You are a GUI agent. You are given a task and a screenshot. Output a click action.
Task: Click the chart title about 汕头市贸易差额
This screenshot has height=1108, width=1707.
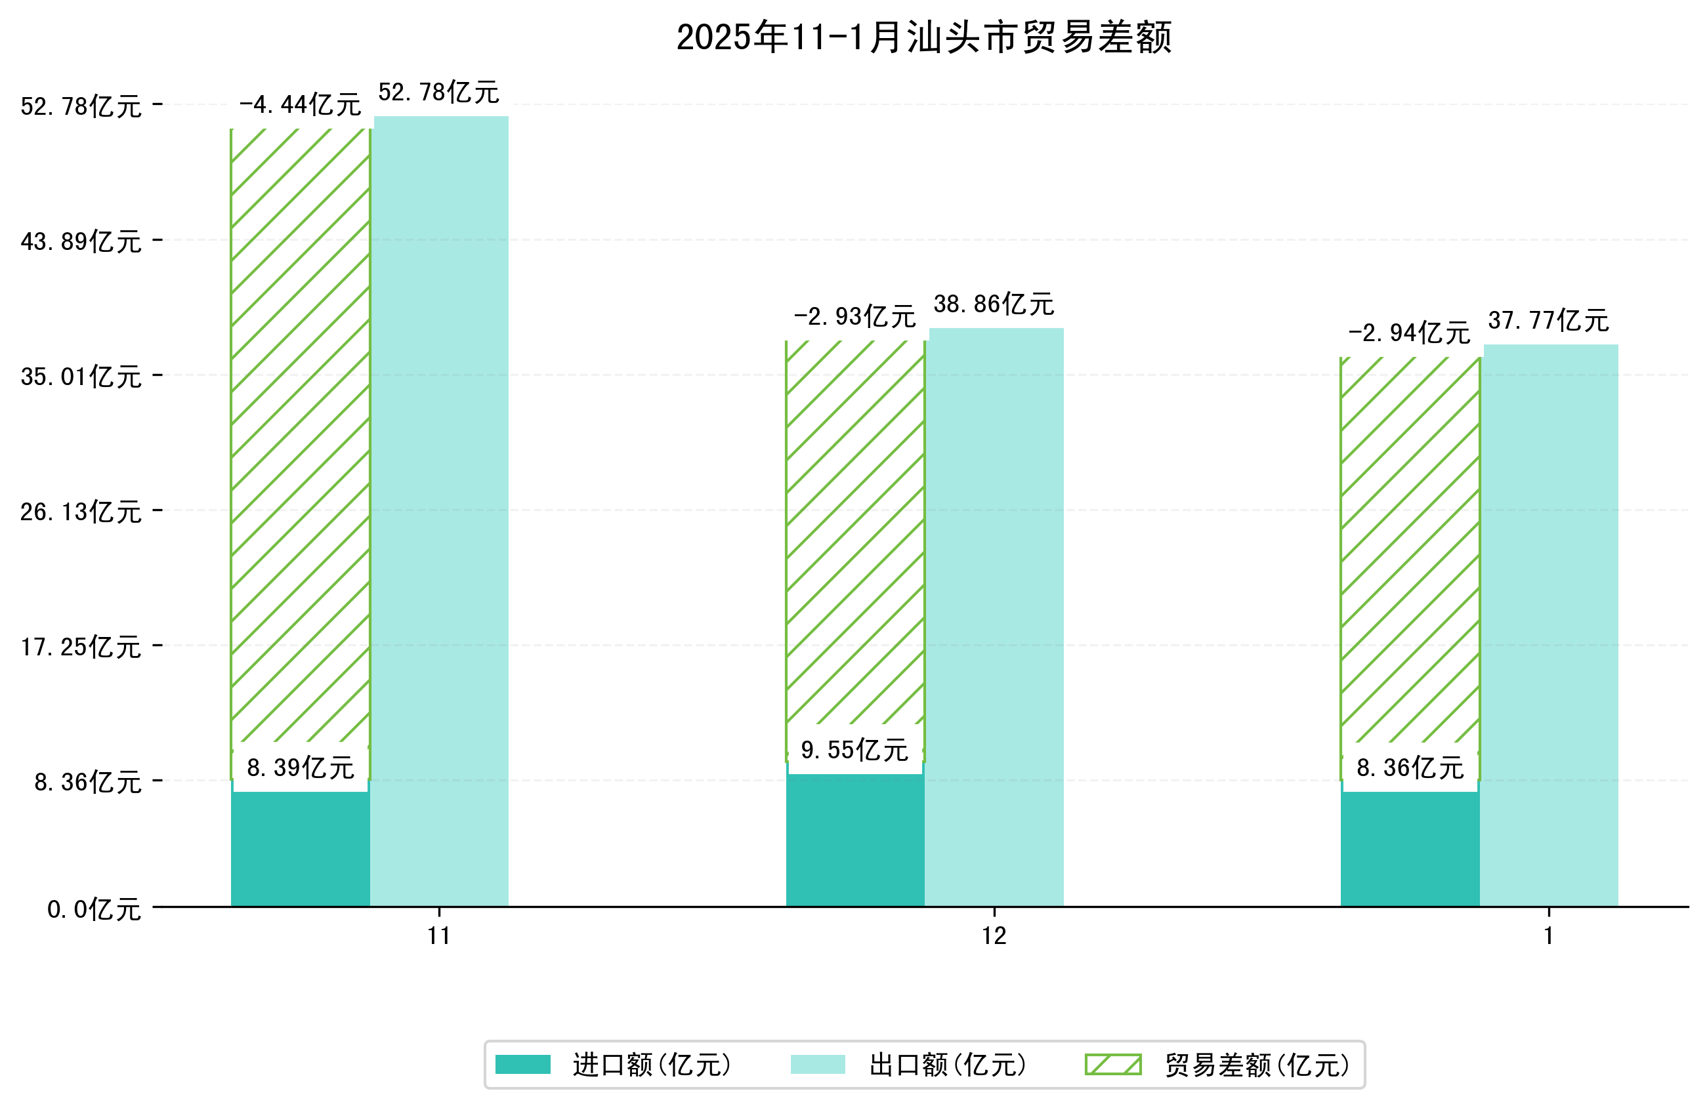[924, 37]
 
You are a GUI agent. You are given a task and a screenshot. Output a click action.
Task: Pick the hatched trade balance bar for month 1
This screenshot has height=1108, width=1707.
[1409, 552]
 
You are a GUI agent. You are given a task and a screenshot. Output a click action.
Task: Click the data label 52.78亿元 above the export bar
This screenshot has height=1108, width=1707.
[438, 92]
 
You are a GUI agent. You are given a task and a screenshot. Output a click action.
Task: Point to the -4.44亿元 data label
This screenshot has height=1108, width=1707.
[300, 106]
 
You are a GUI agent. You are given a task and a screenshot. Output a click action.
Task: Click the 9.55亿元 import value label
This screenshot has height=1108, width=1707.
[854, 750]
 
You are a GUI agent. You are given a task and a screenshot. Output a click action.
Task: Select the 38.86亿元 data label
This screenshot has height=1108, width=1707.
[994, 304]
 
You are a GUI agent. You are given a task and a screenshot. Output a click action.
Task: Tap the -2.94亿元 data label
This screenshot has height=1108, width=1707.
[1408, 333]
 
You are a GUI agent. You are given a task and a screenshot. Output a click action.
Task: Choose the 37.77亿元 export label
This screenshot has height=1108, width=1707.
[1548, 321]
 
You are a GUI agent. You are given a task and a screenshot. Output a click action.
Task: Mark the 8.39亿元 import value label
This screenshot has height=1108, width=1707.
[300, 768]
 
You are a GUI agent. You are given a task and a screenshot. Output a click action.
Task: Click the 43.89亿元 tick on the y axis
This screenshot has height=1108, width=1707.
[81, 241]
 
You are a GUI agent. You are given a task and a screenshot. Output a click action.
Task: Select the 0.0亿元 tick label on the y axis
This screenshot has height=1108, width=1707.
[94, 910]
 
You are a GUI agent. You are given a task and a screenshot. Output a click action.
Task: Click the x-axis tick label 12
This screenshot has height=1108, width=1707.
[994, 937]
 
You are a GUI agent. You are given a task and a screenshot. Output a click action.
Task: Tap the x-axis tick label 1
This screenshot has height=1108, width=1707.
[1548, 937]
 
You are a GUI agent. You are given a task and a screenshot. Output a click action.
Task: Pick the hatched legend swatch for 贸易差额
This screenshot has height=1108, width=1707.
[1112, 1065]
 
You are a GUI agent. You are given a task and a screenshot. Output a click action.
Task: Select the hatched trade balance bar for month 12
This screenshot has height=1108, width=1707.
[854, 531]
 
